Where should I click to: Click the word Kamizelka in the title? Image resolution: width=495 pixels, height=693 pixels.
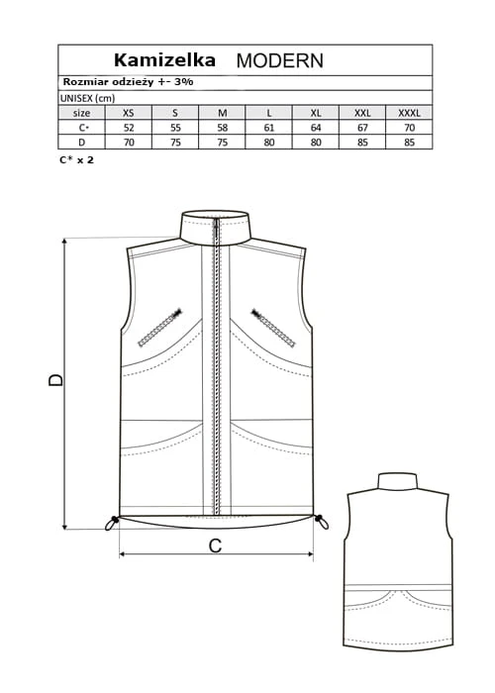[x=164, y=60]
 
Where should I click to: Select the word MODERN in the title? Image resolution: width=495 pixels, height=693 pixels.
[x=280, y=60]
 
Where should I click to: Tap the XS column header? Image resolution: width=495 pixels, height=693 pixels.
[x=128, y=113]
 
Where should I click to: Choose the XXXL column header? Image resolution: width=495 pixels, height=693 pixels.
[x=409, y=113]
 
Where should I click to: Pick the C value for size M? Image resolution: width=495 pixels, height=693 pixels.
[x=223, y=128]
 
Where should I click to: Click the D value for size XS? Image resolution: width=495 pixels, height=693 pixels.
[x=128, y=143]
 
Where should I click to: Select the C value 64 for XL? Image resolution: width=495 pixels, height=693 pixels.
[x=316, y=128]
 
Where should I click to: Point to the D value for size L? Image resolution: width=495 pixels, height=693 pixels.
[x=268, y=143]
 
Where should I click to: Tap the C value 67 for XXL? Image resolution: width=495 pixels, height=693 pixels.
[x=362, y=128]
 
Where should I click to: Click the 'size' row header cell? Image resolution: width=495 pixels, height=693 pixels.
[x=82, y=113]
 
